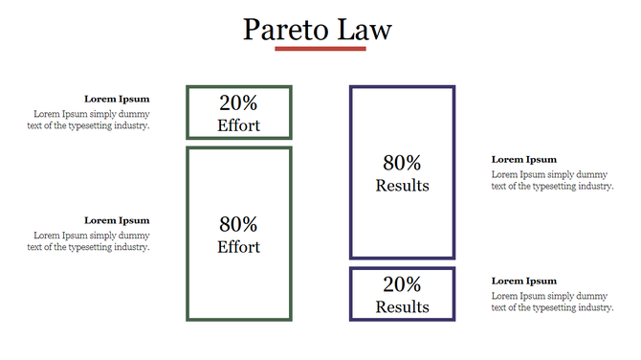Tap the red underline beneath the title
(x=320, y=49)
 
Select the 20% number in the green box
(x=238, y=103)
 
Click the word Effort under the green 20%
(x=238, y=125)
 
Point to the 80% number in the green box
(x=238, y=225)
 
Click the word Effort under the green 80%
(x=238, y=247)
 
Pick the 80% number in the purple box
(x=402, y=164)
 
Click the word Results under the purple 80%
(x=402, y=186)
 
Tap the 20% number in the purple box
(x=402, y=284)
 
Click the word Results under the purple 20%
(x=402, y=307)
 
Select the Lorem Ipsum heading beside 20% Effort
(x=117, y=99)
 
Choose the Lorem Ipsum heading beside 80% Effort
(x=117, y=220)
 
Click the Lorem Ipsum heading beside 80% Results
(x=523, y=160)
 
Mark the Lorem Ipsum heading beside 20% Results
(x=523, y=281)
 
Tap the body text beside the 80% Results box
(x=551, y=181)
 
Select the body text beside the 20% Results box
(x=551, y=303)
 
